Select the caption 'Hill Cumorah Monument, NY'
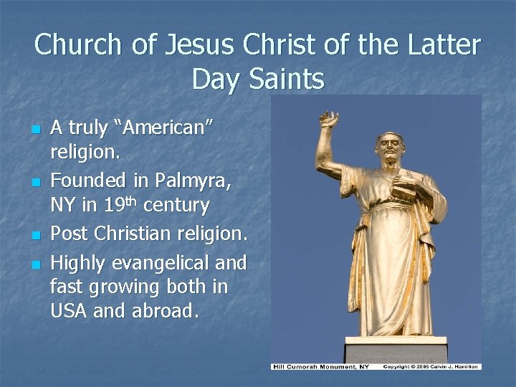coord(317,367)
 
